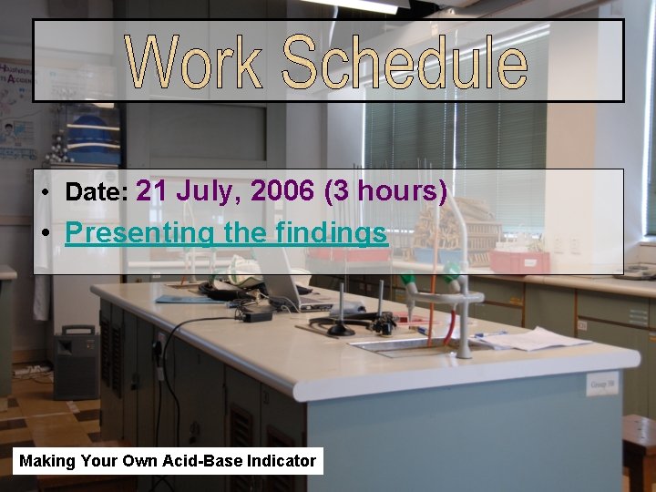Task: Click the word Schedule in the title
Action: tap(405, 62)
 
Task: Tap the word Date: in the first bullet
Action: tap(97, 192)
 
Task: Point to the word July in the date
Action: tap(209, 192)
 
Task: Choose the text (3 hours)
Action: tap(385, 191)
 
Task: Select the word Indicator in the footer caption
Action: tap(282, 461)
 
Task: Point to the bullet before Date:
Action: tap(45, 193)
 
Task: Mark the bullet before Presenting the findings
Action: tap(45, 234)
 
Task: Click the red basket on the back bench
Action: tap(519, 262)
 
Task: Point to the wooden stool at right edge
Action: tap(640, 446)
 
